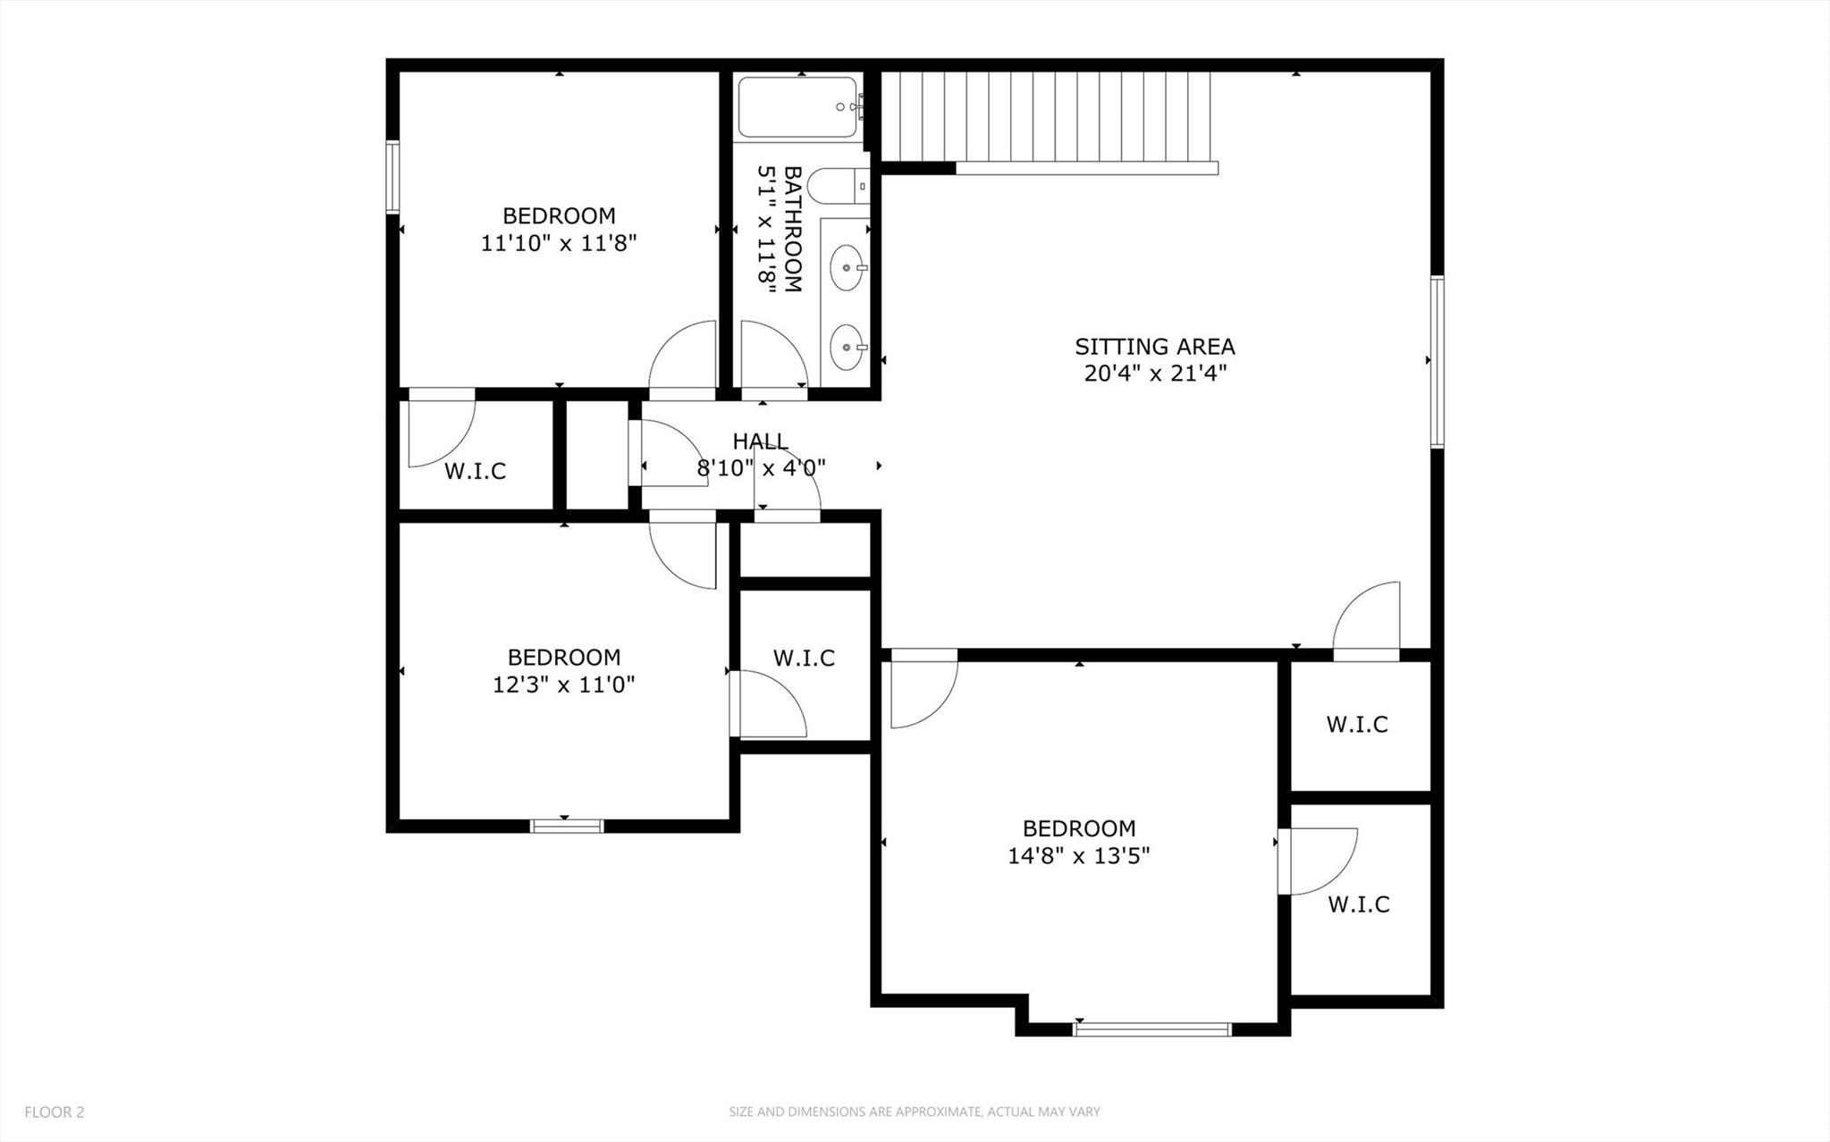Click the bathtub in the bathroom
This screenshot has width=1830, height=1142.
coord(797,107)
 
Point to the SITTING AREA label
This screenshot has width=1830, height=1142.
coord(1154,347)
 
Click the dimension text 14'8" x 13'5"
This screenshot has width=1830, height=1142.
coord(1078,856)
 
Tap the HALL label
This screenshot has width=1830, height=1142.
coord(760,441)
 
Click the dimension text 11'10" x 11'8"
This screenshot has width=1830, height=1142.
coord(559,243)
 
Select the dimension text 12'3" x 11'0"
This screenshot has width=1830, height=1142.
coord(563,685)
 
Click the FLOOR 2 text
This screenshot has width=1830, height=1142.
coord(55,1113)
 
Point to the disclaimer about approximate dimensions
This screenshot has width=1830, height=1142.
coord(914,1113)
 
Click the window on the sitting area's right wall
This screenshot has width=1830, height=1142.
coord(1437,361)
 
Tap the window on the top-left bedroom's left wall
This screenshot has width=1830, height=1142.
coord(392,176)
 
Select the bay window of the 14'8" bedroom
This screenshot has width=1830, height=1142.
coord(1151,1029)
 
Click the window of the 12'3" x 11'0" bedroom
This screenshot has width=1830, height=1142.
coord(567,826)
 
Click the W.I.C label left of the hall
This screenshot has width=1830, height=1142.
coord(475,471)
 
